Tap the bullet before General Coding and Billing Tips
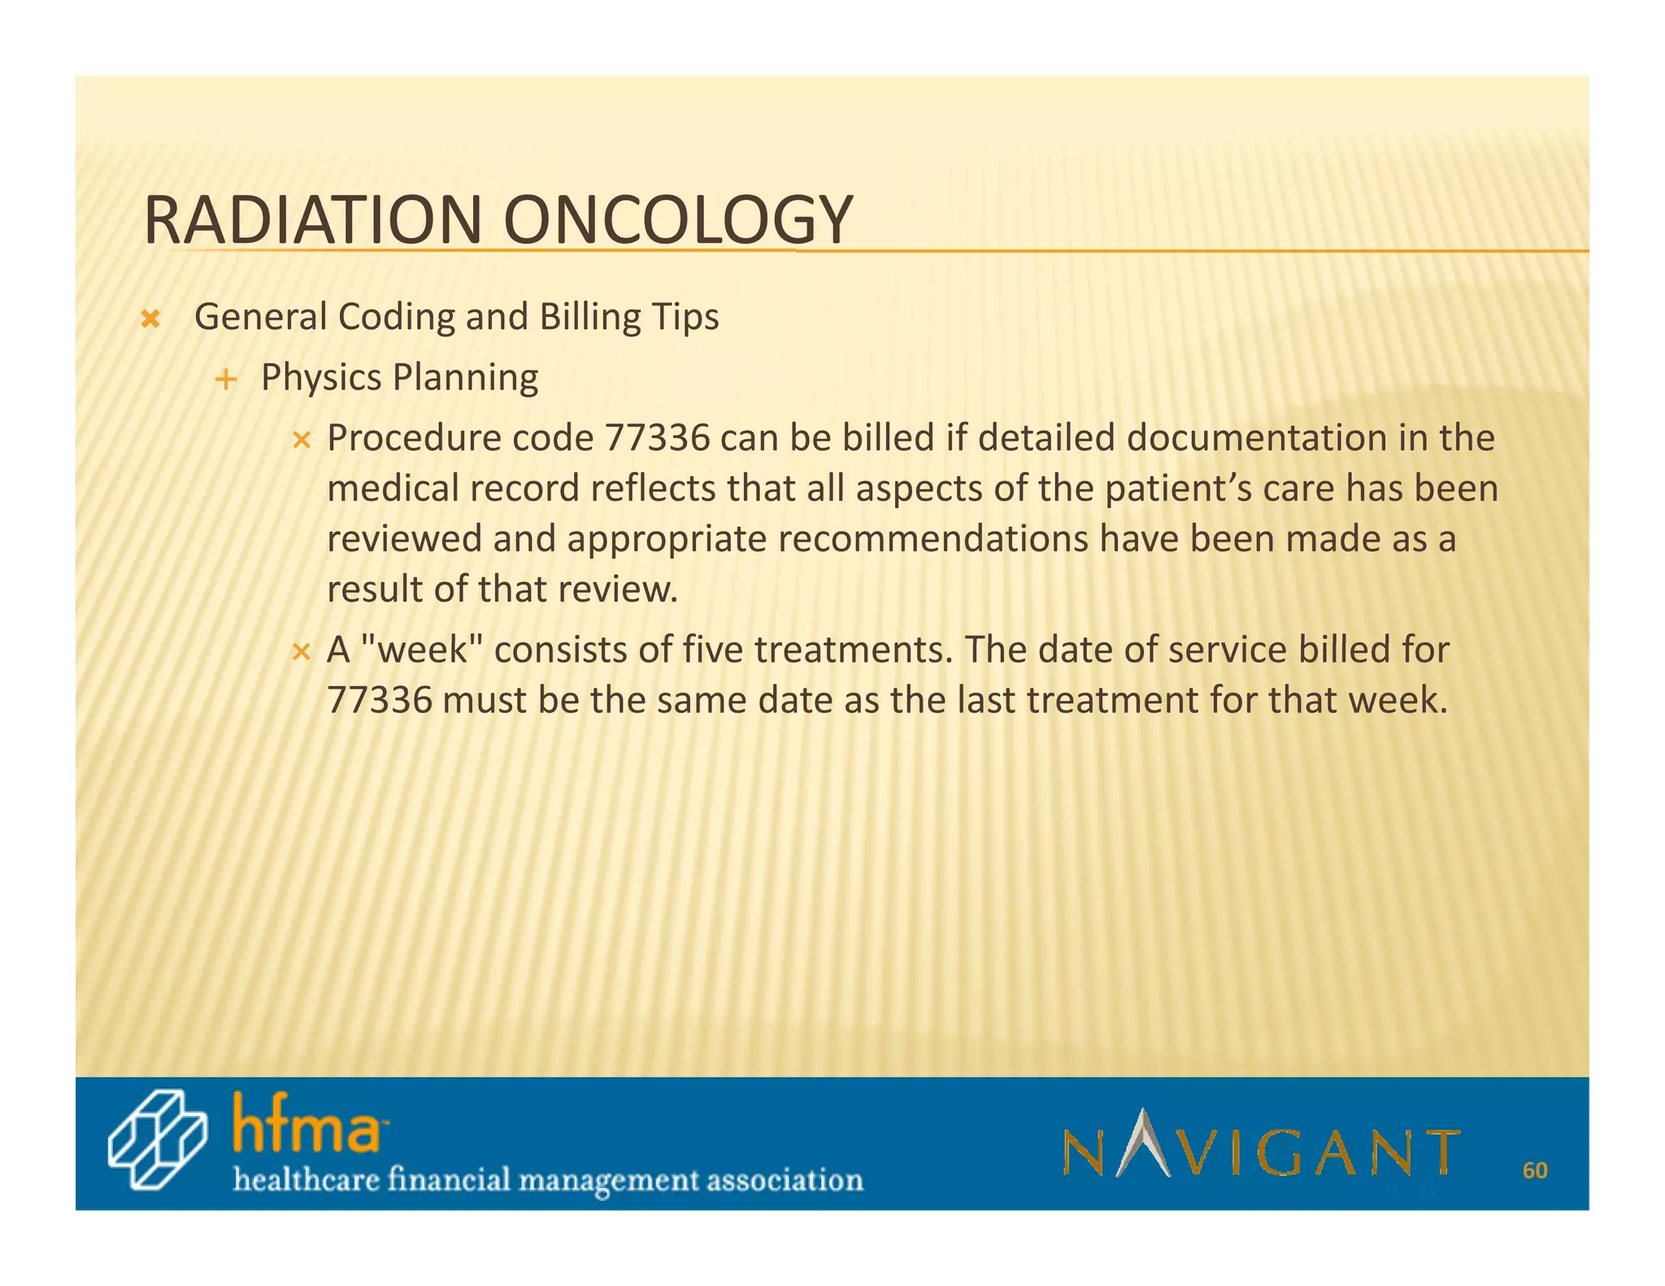coord(150,319)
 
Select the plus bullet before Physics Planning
coord(226,380)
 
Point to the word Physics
coord(321,378)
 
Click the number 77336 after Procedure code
coord(657,438)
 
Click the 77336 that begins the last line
coord(379,701)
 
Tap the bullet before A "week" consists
coord(302,652)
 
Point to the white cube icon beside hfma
coord(157,1140)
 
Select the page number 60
coord(1534,1171)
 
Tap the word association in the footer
coord(785,1180)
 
